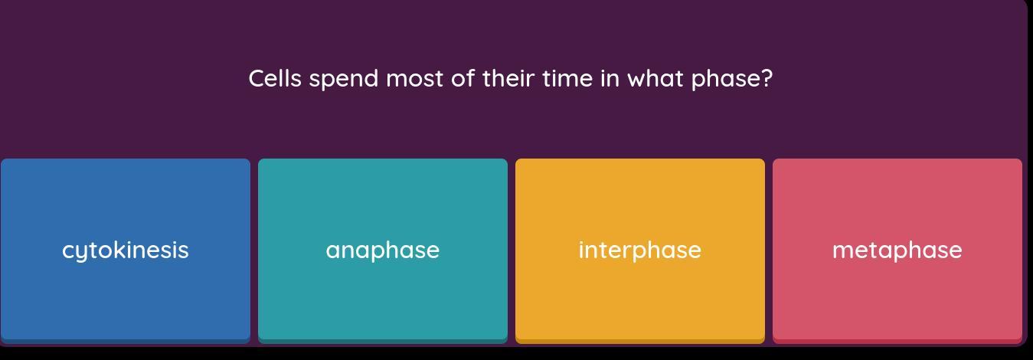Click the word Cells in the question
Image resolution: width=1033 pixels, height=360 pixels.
275,78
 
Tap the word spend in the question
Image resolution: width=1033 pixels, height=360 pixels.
344,80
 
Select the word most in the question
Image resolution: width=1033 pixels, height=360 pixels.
414,79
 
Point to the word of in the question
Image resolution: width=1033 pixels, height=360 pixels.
463,78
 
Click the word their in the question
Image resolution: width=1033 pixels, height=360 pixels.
508,78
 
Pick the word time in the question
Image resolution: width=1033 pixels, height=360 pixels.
567,78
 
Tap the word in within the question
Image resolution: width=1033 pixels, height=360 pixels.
610,78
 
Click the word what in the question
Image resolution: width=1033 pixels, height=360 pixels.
655,78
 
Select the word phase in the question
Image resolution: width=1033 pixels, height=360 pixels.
725,80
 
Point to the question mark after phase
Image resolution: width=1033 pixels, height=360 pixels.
767,78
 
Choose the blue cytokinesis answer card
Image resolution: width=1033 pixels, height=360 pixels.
126,250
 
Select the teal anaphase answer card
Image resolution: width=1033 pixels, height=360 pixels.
383,250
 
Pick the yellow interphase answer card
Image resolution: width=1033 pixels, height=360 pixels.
640,250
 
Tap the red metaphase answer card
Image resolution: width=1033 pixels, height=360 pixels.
897,250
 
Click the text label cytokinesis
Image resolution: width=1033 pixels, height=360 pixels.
126,251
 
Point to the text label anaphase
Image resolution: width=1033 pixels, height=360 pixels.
383,251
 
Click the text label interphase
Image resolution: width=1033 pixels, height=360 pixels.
640,251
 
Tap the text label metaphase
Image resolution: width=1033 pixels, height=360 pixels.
897,251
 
